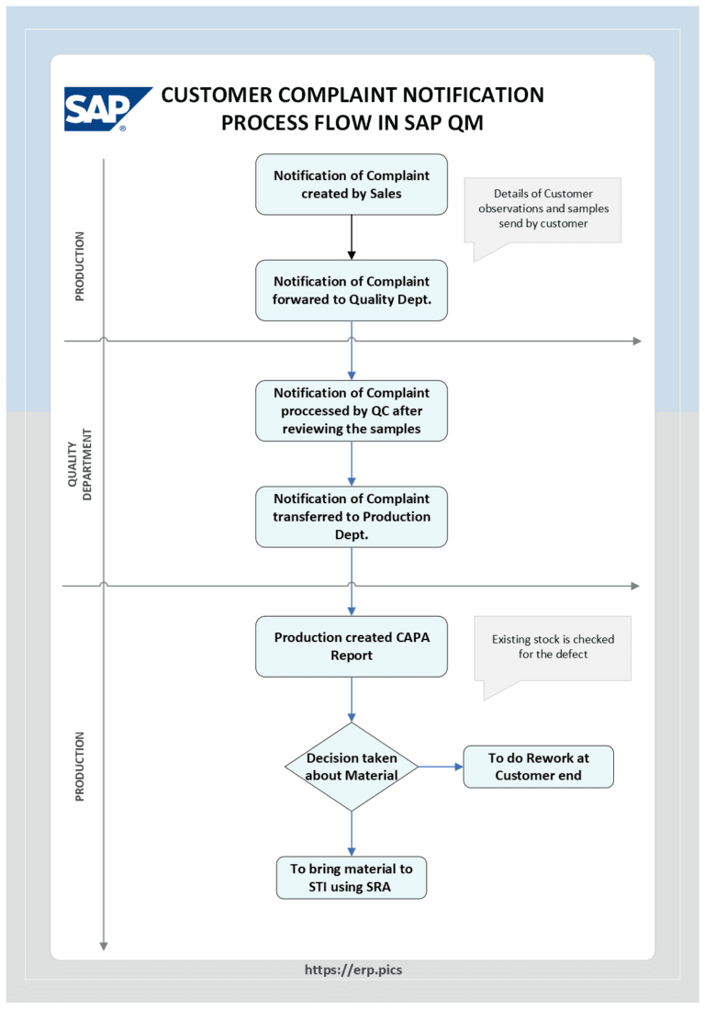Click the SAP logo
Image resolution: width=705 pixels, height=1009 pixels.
pyautogui.click(x=106, y=109)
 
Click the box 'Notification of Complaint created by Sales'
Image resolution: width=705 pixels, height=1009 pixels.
pyautogui.click(x=352, y=185)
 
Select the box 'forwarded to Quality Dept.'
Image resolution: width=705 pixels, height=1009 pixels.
pyautogui.click(x=352, y=290)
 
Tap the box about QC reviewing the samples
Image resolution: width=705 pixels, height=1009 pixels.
pyautogui.click(x=352, y=410)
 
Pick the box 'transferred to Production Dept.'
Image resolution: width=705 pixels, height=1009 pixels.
pyautogui.click(x=352, y=517)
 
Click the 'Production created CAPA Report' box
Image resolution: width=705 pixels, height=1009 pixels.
pyautogui.click(x=352, y=646)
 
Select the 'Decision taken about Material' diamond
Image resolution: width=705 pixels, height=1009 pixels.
pyautogui.click(x=352, y=767)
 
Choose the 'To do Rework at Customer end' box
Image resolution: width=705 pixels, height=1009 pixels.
pyautogui.click(x=539, y=767)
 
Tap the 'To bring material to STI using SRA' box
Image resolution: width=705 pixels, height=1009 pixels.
pyautogui.click(x=352, y=878)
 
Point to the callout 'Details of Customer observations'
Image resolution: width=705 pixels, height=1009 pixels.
pyautogui.click(x=543, y=209)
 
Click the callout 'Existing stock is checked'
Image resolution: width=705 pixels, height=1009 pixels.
pyautogui.click(x=553, y=647)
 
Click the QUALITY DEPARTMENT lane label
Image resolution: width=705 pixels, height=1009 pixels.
pyautogui.click(x=80, y=464)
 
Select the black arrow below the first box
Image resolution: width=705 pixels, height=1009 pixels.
pyautogui.click(x=352, y=238)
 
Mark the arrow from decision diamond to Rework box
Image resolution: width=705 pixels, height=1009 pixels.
pyautogui.click(x=441, y=767)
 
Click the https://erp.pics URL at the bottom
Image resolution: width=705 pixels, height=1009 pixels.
pyautogui.click(x=353, y=970)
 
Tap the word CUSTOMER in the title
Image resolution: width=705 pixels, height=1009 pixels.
pyautogui.click(x=217, y=95)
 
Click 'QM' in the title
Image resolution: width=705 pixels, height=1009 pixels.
pyautogui.click(x=465, y=122)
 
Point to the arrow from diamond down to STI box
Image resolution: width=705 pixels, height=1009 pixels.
pyautogui.click(x=352, y=834)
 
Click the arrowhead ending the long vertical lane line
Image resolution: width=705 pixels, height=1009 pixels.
pyautogui.click(x=104, y=946)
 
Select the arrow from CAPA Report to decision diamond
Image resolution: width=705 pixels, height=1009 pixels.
pyautogui.click(x=352, y=700)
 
